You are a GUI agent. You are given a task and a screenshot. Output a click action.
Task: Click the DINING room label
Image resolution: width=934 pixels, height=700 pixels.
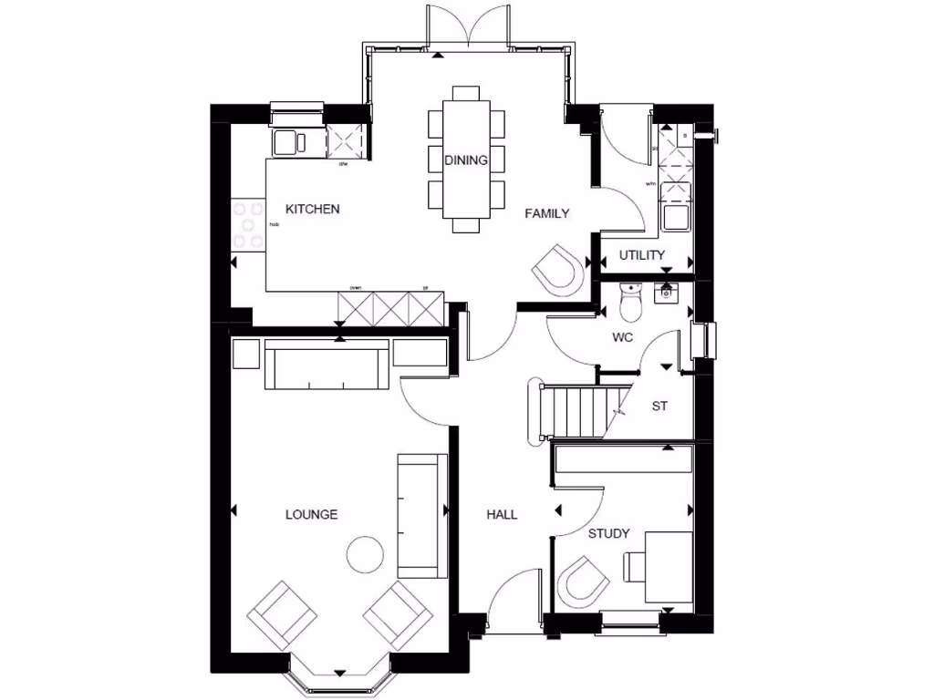(466, 160)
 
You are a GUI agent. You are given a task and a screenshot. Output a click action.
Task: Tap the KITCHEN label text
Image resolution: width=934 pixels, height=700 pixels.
(313, 209)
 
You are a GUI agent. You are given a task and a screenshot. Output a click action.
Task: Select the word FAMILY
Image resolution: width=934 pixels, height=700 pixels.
(546, 213)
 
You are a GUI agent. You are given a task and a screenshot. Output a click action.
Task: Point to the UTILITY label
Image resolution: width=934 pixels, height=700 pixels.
(642, 255)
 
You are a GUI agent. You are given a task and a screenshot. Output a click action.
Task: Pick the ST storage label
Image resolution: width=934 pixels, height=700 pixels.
(659, 407)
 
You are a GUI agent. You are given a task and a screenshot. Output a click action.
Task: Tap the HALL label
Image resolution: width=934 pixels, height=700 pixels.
(502, 514)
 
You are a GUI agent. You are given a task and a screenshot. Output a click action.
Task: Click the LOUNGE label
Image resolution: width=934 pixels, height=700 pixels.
(311, 514)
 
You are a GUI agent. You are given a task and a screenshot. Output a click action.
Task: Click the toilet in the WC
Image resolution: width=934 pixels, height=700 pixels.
(630, 304)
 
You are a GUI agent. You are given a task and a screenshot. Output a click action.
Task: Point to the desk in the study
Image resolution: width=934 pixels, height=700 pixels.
(667, 566)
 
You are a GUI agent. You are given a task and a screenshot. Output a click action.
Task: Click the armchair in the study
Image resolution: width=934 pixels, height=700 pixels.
(582, 580)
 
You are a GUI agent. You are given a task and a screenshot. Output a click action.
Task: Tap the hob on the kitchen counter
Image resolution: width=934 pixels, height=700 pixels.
(247, 224)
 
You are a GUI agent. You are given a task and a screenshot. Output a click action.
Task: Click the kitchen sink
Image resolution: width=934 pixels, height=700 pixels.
(291, 142)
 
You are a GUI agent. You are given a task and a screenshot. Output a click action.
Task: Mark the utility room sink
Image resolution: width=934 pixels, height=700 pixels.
(676, 217)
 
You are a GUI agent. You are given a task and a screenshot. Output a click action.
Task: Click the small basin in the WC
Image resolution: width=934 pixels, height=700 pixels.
(667, 292)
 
